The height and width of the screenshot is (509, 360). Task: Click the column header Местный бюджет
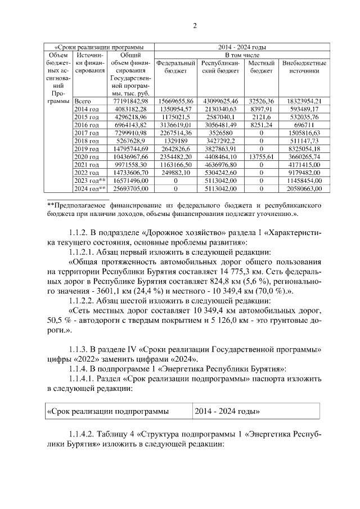260,67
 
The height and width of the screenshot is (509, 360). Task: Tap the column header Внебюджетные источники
304,67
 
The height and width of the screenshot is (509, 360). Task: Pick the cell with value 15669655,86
176,100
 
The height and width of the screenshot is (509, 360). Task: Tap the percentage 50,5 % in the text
58,323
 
